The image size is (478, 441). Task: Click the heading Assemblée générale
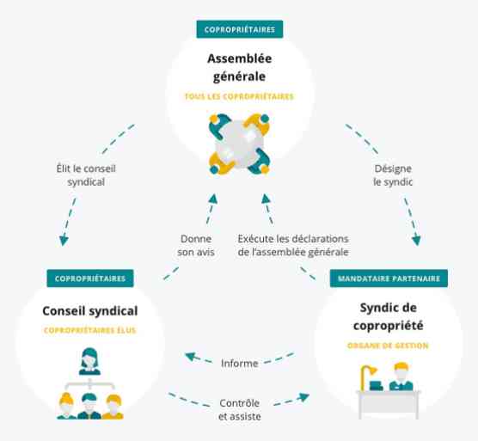tap(239, 67)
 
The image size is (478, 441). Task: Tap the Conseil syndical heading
tap(90, 311)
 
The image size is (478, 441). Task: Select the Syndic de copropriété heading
tap(388, 316)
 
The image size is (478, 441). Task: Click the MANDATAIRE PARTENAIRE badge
tap(389, 279)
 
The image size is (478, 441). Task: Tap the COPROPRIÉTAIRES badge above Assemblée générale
tap(240, 29)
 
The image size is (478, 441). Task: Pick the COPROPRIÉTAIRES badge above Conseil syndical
tap(90, 279)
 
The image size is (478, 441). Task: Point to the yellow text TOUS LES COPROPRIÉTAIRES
tap(239, 96)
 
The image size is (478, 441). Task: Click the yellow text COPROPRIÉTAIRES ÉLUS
tap(90, 330)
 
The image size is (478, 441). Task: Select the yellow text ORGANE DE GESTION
tap(388, 346)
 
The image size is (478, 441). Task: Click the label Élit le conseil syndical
tap(86, 175)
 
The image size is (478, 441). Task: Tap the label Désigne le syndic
tap(393, 175)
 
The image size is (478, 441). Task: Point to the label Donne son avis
tap(196, 245)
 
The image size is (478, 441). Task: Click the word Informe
tap(240, 364)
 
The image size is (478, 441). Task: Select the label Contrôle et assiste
tap(240, 409)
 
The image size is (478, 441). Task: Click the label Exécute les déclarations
tap(293, 239)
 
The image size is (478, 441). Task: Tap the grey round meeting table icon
tap(239, 144)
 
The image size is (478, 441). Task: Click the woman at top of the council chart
tap(89, 361)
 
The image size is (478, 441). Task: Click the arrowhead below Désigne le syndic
tap(416, 241)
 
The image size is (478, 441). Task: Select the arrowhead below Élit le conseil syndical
tap(64, 241)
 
